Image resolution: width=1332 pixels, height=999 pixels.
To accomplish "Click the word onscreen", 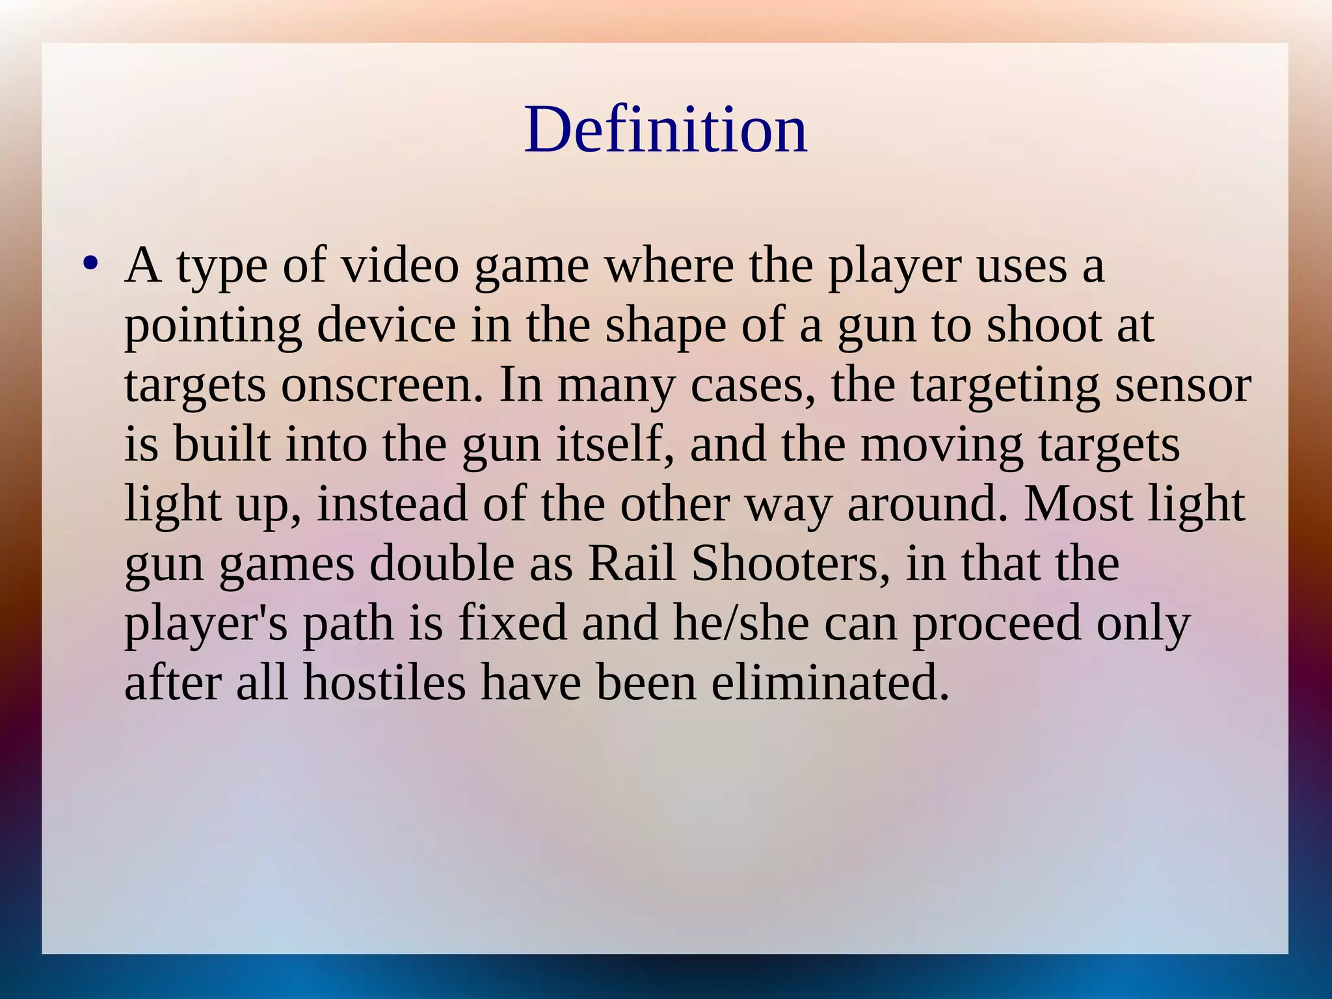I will point(382,385).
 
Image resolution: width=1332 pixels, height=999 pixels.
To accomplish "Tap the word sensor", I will point(1183,385).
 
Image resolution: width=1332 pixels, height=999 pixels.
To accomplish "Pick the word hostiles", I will point(384,683).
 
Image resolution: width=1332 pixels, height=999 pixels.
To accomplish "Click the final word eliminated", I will point(830,683).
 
